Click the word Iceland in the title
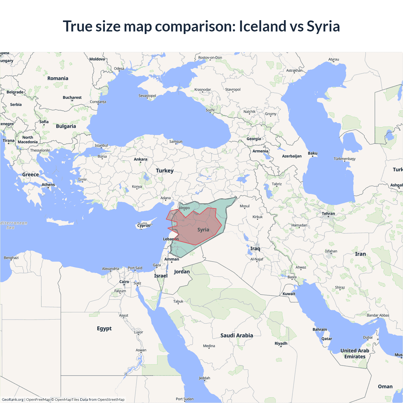pyautogui.click(x=263, y=26)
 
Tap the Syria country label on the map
pyautogui.click(x=203, y=230)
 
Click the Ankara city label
pyautogui.click(x=140, y=159)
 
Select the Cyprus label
pyautogui.click(x=144, y=225)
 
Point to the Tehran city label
pyautogui.click(x=328, y=213)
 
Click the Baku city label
pyautogui.click(x=313, y=153)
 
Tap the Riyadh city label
pyautogui.click(x=281, y=343)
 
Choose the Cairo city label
pyautogui.click(x=124, y=282)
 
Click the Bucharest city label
pyautogui.click(x=72, y=98)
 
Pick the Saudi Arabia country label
pyautogui.click(x=237, y=336)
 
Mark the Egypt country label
pyautogui.click(x=104, y=329)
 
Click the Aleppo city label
pyautogui.click(x=184, y=208)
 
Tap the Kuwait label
pyautogui.click(x=289, y=294)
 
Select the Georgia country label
pyautogui.click(x=254, y=139)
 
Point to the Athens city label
pyautogui.click(x=48, y=185)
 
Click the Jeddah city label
pyautogui.click(x=204, y=378)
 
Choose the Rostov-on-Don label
pyautogui.click(x=210, y=58)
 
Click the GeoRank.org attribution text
pyautogui.click(x=13, y=400)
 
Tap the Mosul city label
pyautogui.click(x=245, y=206)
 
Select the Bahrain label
pyautogui.click(x=320, y=330)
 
